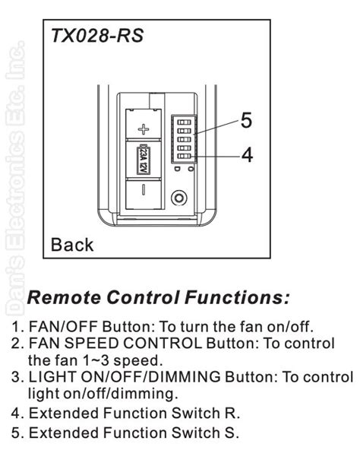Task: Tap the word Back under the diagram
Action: pos(72,244)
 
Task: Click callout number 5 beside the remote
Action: pos(246,120)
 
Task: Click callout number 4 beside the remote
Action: pos(246,155)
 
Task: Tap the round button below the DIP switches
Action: pos(179,198)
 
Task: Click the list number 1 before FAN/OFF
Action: pos(15,327)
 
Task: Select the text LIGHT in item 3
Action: pos(49,377)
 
